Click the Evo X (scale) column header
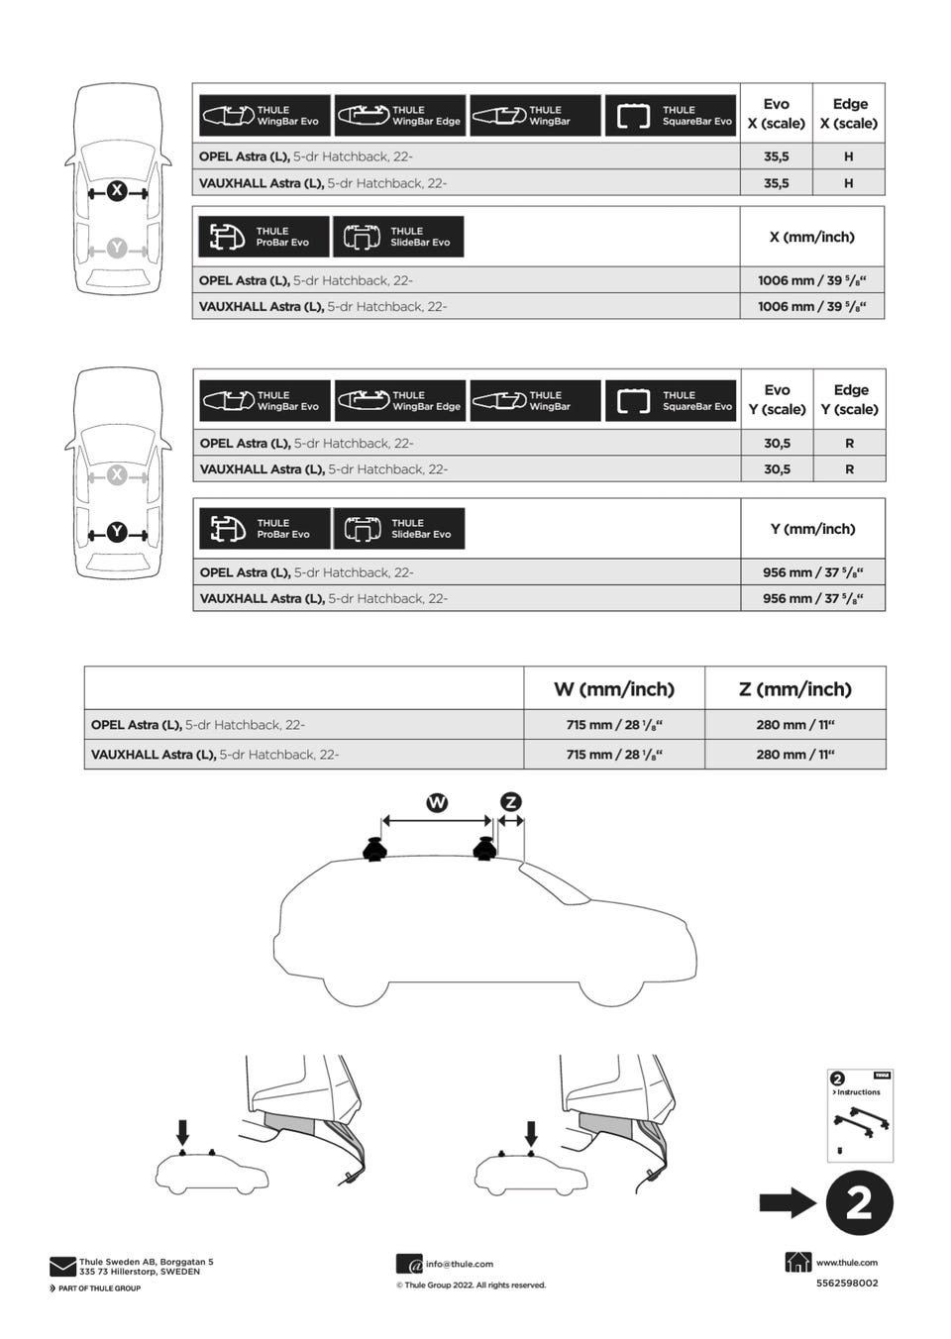(x=776, y=114)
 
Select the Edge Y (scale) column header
(x=850, y=399)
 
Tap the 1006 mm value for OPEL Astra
(x=811, y=280)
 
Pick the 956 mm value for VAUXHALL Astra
(x=812, y=598)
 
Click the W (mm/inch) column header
(x=613, y=689)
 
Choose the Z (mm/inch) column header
(x=794, y=689)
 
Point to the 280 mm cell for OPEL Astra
(x=794, y=725)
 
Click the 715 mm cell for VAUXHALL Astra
(x=613, y=755)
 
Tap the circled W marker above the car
(x=437, y=802)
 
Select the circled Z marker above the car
(x=511, y=802)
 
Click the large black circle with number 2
(x=858, y=1203)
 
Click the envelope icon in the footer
(x=62, y=1267)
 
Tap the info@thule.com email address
(x=459, y=1264)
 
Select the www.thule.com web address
(x=846, y=1263)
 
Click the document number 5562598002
(x=846, y=1284)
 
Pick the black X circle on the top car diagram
(x=117, y=191)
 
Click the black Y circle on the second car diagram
(x=117, y=532)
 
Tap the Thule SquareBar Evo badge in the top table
(x=671, y=116)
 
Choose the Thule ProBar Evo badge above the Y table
(x=264, y=529)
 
